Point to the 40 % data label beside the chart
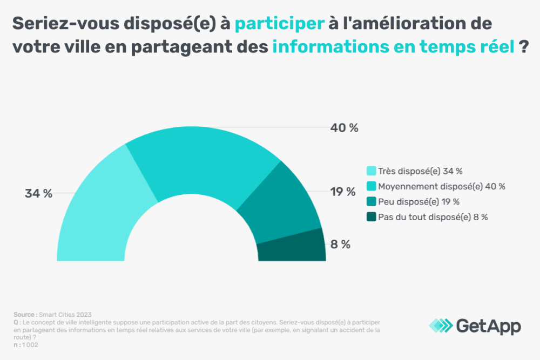345,128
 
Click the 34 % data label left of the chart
38,194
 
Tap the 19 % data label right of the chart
343,192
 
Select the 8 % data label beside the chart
341,244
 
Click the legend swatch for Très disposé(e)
372,172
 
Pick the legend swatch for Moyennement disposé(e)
372,187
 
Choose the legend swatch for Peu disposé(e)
372,202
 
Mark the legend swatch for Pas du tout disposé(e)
372,217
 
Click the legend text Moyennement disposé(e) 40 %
442,187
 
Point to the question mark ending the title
523,47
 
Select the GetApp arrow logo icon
441,325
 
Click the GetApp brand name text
489,325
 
